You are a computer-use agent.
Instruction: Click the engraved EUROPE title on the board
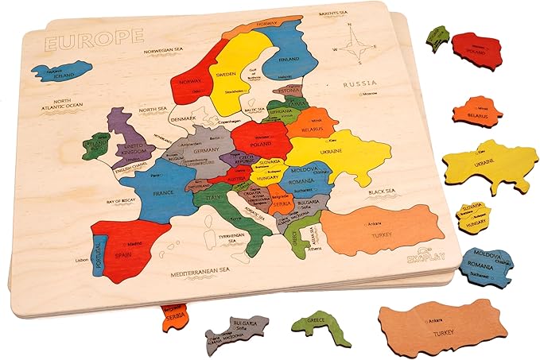click(93, 37)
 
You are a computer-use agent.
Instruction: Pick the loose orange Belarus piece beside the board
click(477, 111)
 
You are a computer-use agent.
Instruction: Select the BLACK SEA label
click(383, 193)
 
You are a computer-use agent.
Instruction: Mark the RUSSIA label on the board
click(357, 83)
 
